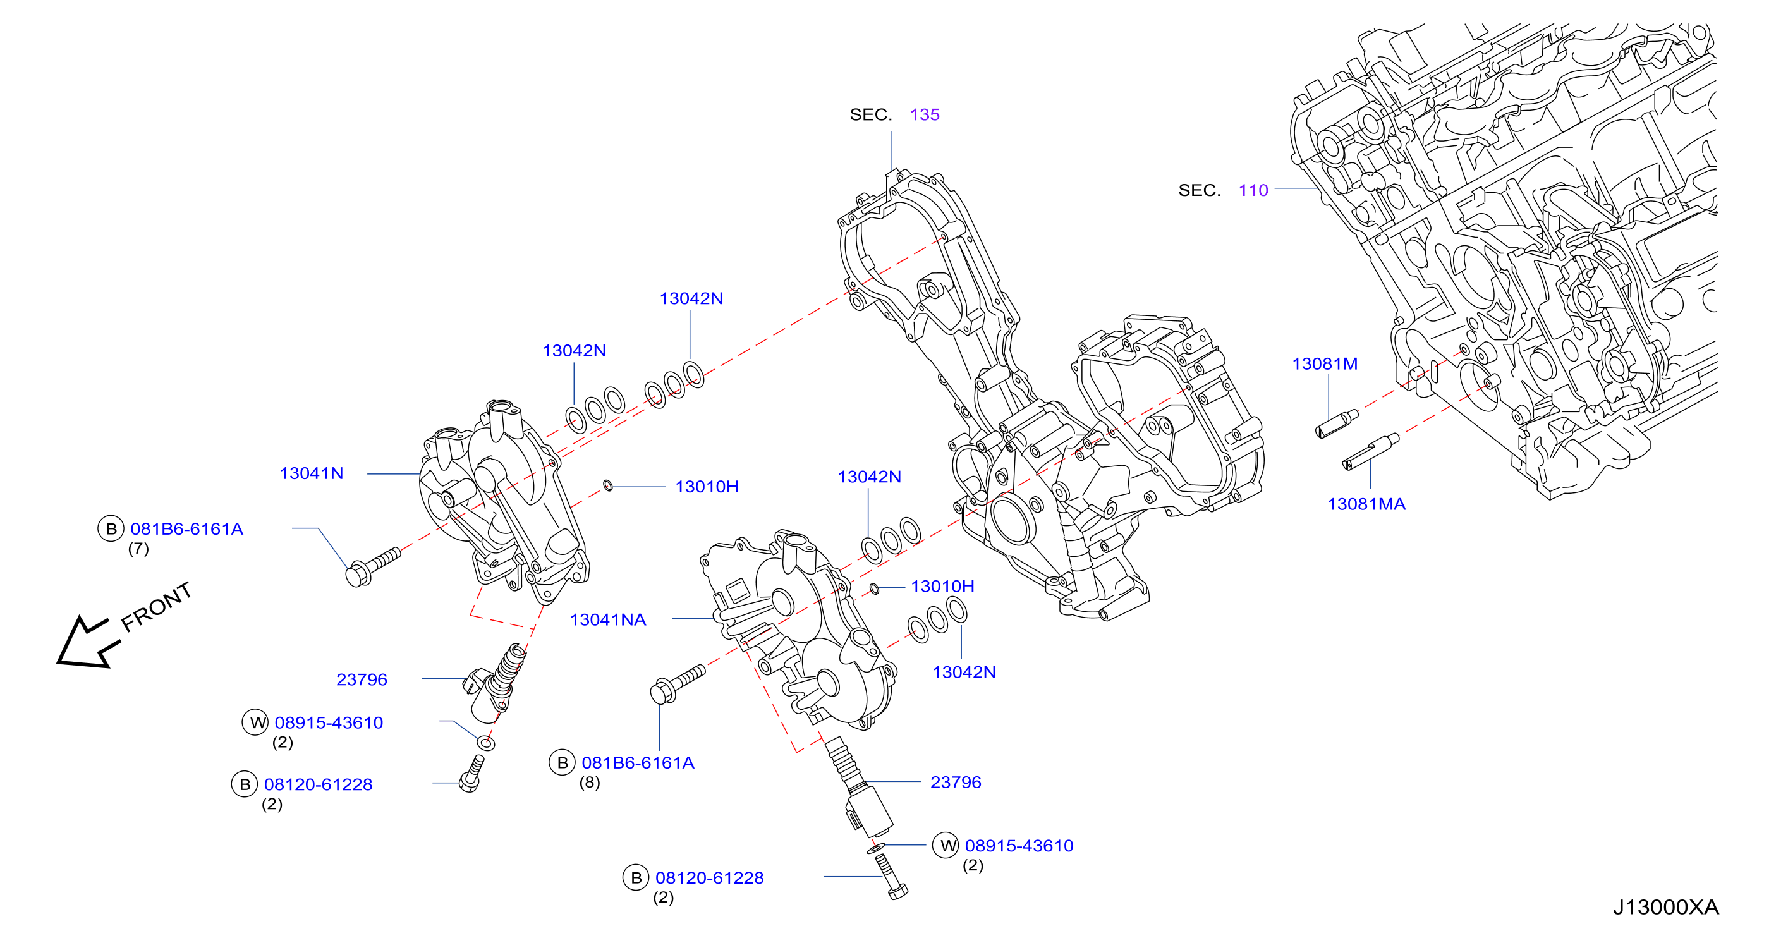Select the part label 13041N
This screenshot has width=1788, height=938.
tap(311, 473)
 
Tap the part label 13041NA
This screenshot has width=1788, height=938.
tap(607, 620)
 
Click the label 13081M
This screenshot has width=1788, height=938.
tap(1324, 364)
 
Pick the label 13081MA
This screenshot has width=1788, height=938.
tap(1366, 504)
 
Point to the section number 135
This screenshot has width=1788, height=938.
tap(925, 114)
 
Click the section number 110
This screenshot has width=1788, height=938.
tap(1253, 190)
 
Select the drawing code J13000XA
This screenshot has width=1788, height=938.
tap(1665, 907)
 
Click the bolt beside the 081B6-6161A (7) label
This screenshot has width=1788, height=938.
tap(373, 566)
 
